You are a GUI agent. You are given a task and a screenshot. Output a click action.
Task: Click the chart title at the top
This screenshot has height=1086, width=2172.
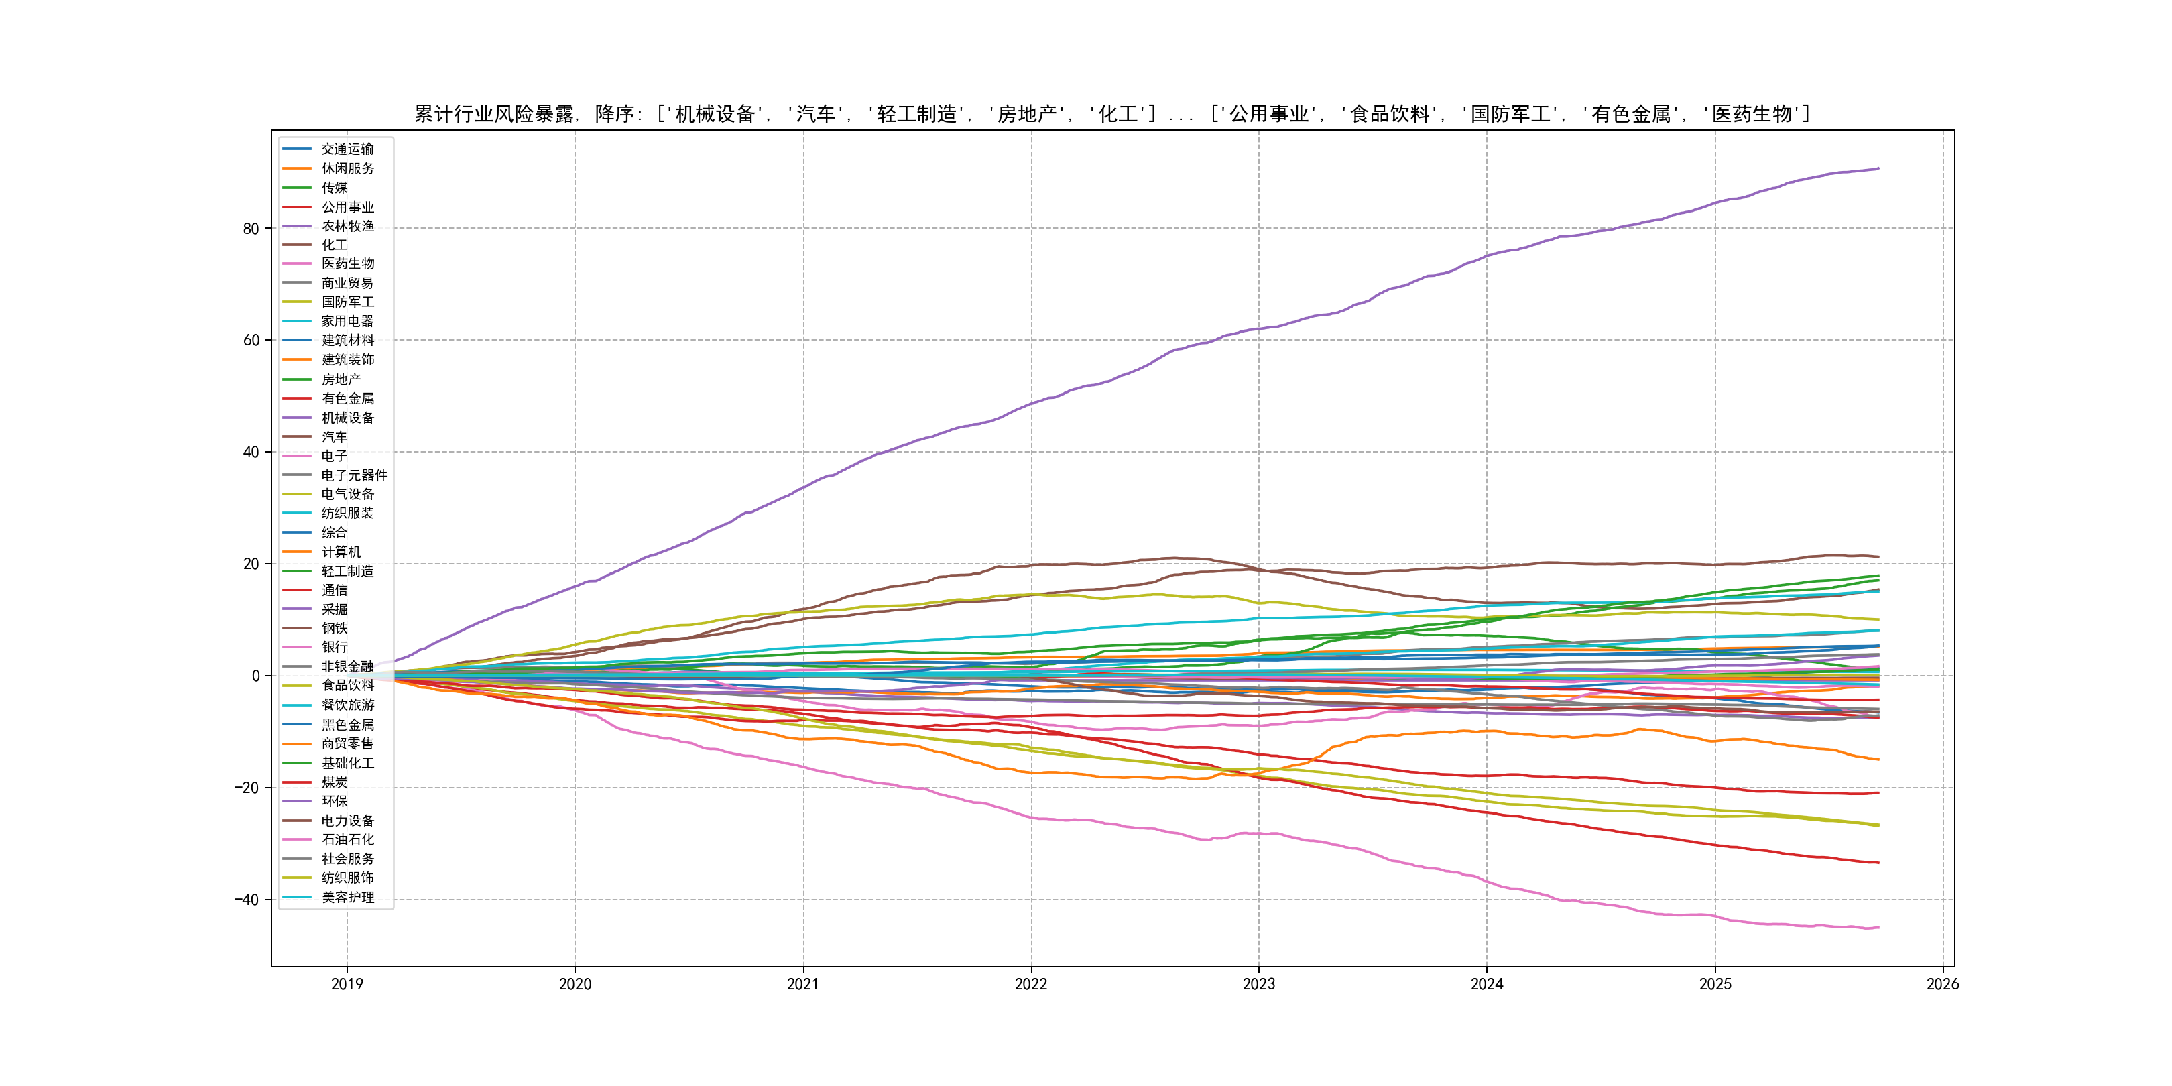tap(1112, 114)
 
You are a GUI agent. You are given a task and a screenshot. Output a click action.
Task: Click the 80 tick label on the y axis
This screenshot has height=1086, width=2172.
tap(251, 229)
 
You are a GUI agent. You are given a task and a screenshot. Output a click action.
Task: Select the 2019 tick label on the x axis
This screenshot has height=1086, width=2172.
tap(347, 984)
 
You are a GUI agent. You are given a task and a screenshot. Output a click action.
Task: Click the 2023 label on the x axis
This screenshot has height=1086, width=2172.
tap(1259, 984)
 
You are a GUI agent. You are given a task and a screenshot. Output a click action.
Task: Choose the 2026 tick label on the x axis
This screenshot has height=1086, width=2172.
tap(1943, 984)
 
